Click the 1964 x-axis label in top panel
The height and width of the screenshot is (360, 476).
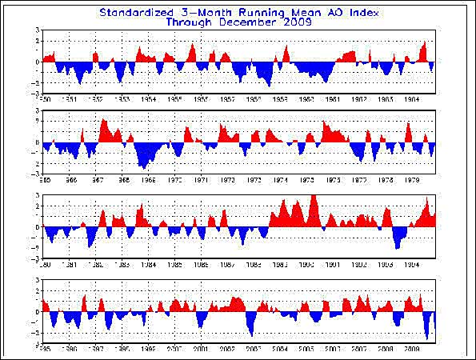tap(411, 99)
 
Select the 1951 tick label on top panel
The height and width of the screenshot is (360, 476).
tap(70, 99)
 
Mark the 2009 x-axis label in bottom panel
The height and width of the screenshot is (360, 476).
tap(411, 350)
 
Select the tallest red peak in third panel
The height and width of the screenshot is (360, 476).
tap(313, 198)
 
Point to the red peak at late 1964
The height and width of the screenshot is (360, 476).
tap(424, 44)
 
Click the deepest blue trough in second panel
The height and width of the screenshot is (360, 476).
tap(142, 166)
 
